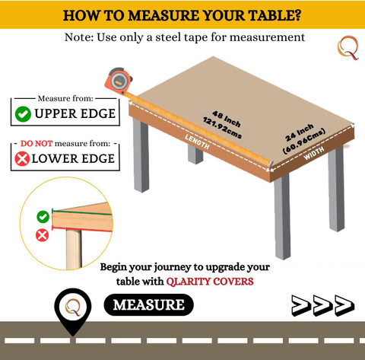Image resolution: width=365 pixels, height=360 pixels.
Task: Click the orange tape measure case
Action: coord(119,81)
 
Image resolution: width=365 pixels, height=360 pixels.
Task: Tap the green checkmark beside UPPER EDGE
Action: coord(23,114)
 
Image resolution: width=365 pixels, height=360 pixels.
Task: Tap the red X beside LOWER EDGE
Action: coord(22,159)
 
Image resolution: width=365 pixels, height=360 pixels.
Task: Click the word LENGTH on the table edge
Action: coord(197,142)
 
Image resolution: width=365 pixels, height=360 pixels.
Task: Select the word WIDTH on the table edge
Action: coord(314,153)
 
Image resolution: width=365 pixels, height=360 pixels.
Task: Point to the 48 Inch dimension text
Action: coord(227,119)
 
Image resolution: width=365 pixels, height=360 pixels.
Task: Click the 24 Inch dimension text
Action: coord(300,132)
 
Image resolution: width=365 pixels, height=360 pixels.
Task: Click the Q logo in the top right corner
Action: coord(348,48)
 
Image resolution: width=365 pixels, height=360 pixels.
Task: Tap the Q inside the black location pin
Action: coord(73,307)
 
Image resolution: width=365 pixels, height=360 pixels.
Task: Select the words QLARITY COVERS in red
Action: coord(210,282)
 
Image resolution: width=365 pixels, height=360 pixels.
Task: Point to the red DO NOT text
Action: coord(36,144)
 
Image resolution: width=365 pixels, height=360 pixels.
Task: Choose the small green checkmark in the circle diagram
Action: coord(43,217)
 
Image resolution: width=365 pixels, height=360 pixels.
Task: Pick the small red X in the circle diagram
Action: coord(42,235)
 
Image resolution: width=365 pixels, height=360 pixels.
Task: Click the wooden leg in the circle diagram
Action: coord(74,249)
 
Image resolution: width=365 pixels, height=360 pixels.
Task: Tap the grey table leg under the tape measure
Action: coord(141,155)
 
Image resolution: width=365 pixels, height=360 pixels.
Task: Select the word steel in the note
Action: coord(168,37)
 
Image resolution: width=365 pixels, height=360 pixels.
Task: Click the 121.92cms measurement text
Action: coord(222,128)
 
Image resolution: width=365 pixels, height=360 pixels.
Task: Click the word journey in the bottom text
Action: coord(173,268)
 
